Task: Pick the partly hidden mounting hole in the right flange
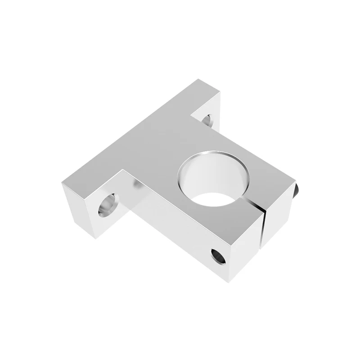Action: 207,120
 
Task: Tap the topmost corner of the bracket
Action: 197,80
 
